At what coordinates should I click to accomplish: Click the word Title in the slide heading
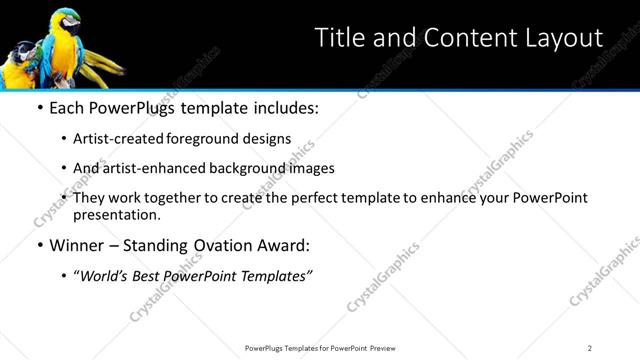click(339, 39)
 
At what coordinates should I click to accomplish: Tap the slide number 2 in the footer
click(590, 347)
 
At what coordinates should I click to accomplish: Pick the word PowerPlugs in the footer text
click(267, 347)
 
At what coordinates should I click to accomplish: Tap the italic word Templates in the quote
click(270, 276)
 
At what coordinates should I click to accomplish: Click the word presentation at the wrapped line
click(116, 215)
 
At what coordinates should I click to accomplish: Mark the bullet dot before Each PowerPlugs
click(39, 108)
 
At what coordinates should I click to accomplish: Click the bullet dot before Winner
click(39, 246)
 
